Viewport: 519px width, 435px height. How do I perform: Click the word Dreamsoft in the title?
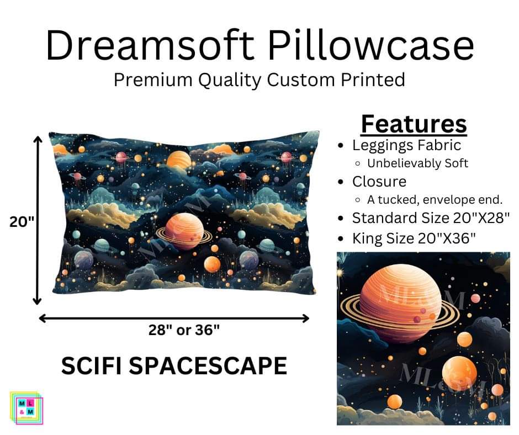tap(150, 45)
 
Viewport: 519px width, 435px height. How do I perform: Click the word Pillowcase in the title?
tap(371, 45)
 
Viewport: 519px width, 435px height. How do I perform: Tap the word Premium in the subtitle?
tap(153, 79)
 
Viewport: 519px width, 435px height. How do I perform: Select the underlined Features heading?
tap(414, 124)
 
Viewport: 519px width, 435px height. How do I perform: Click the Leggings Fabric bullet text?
tap(406, 145)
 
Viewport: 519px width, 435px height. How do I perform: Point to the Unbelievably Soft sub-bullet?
tap(418, 163)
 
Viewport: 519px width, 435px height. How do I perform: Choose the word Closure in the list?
tap(379, 182)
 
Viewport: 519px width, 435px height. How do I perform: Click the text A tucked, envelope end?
tap(435, 200)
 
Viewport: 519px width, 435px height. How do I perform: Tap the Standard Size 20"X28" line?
tap(431, 218)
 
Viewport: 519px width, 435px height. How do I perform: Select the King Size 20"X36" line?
tap(414, 238)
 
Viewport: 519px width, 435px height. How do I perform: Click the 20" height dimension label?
tap(22, 221)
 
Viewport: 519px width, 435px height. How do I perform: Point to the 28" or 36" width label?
tap(184, 330)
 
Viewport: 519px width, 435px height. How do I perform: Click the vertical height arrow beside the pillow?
tap(38, 220)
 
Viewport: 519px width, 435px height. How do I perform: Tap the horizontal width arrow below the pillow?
tap(174, 319)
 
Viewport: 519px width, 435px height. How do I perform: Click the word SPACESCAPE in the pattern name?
tap(208, 366)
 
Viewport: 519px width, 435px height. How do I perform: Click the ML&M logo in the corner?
tap(27, 408)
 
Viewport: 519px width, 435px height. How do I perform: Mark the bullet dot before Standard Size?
tap(341, 219)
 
